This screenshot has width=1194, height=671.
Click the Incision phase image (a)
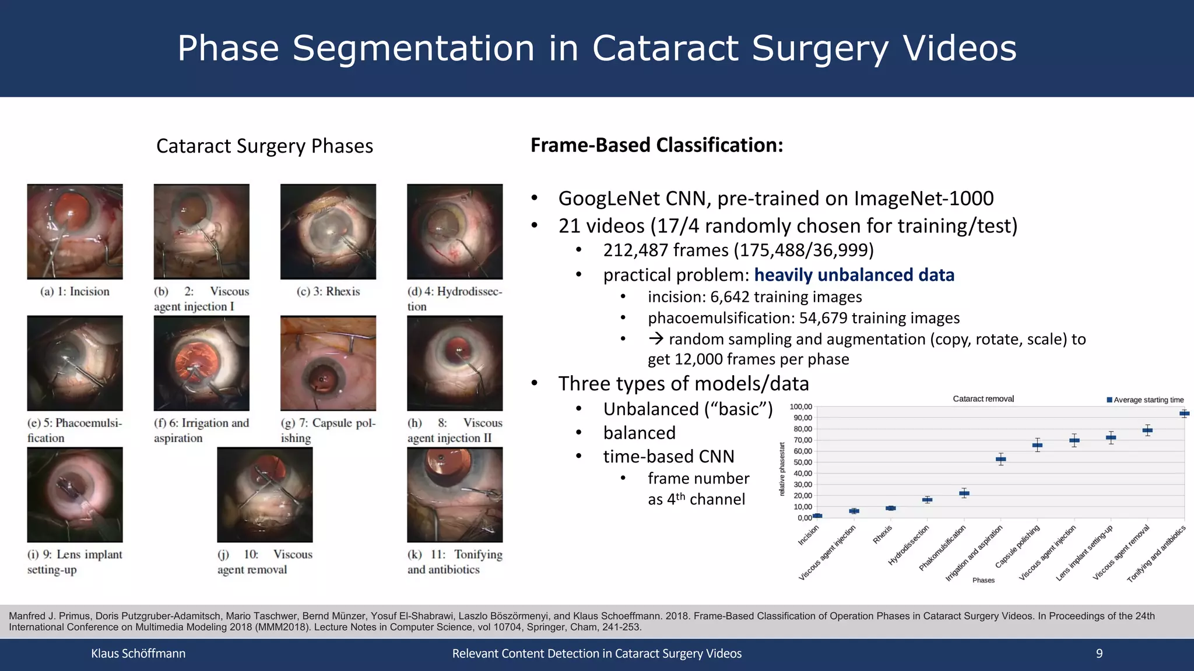(x=75, y=231)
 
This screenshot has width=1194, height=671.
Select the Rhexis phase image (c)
(x=328, y=231)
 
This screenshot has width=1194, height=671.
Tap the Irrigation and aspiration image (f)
(x=201, y=363)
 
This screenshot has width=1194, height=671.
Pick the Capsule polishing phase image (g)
(x=328, y=363)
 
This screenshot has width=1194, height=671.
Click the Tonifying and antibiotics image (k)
(x=454, y=495)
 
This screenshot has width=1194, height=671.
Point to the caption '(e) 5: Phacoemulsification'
(x=75, y=430)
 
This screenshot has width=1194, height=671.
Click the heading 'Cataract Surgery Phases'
(x=264, y=146)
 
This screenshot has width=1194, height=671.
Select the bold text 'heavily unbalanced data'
(x=854, y=275)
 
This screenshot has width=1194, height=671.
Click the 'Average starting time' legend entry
(x=1145, y=400)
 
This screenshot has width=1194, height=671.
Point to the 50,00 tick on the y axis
(x=802, y=462)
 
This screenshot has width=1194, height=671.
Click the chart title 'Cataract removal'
(x=983, y=399)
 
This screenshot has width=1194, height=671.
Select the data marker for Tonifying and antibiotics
(x=1184, y=414)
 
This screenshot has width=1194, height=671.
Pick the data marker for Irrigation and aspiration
(x=1000, y=459)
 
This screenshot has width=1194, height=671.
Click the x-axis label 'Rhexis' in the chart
(x=882, y=535)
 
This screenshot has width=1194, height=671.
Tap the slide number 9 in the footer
(x=1099, y=654)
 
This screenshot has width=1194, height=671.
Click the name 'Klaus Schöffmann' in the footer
(x=138, y=654)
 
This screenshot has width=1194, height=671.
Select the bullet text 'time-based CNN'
(x=668, y=457)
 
